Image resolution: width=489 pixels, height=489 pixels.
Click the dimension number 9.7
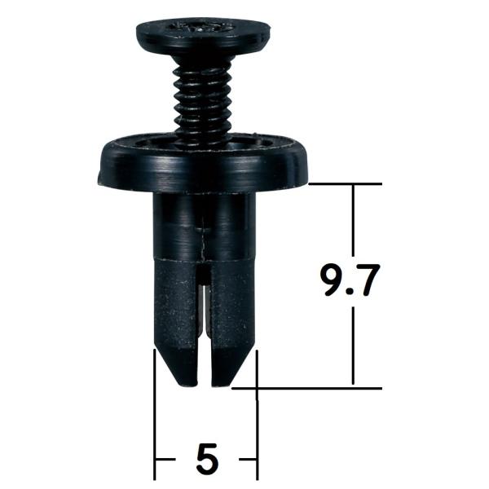coord(350,280)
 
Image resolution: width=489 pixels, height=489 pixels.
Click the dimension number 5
coord(207,459)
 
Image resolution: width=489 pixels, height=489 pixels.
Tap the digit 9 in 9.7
coord(333,280)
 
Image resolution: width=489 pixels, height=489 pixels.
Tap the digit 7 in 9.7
coord(368,280)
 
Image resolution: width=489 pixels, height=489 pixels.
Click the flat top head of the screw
coord(203,37)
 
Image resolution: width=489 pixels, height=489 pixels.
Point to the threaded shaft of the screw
coord(203,99)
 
